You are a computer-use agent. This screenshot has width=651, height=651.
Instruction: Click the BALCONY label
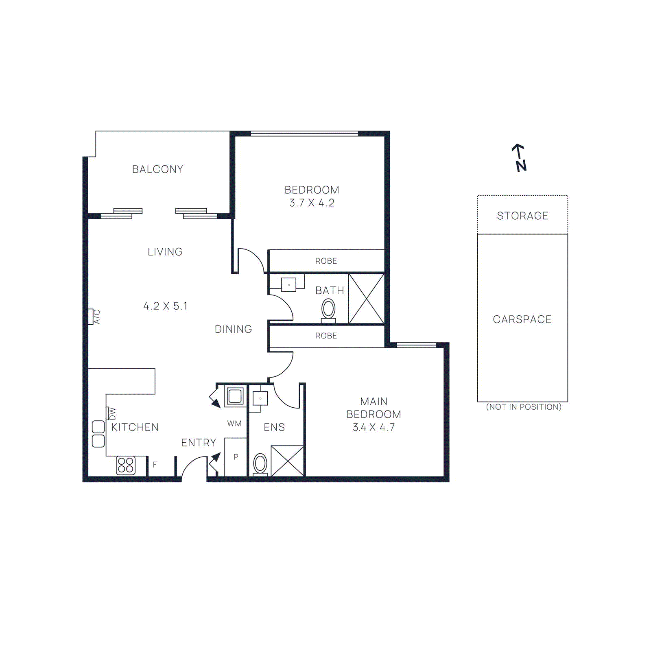[x=157, y=169]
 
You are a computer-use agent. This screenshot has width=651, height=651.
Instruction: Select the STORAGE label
[x=522, y=216]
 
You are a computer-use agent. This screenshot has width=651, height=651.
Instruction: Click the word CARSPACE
[x=522, y=319]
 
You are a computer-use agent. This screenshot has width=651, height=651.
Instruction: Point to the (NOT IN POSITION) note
[x=524, y=407]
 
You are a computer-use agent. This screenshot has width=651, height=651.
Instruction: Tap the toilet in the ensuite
[x=260, y=464]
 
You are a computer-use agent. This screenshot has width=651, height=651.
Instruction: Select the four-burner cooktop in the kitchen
[x=125, y=465]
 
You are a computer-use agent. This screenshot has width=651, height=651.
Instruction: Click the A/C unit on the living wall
[x=94, y=317]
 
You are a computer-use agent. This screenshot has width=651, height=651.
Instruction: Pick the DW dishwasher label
[x=111, y=413]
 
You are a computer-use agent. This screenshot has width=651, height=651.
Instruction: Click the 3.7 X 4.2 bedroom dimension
[x=312, y=203]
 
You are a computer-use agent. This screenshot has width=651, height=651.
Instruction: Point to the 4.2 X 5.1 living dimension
[x=165, y=306]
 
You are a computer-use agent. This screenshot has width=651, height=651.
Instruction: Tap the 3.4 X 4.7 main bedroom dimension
[x=374, y=427]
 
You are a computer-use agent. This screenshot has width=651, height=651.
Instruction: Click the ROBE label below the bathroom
[x=326, y=336]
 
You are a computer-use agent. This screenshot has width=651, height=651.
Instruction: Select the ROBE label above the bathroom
[x=326, y=261]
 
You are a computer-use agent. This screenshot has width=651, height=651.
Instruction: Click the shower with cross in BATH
[x=366, y=299]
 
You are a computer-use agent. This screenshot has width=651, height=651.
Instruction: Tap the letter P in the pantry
[x=236, y=457]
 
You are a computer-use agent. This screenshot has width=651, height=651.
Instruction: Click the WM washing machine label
[x=234, y=424]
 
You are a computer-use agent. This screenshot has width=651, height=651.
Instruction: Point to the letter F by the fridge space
[x=155, y=464]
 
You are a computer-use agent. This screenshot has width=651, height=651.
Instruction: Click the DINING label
[x=233, y=329]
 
